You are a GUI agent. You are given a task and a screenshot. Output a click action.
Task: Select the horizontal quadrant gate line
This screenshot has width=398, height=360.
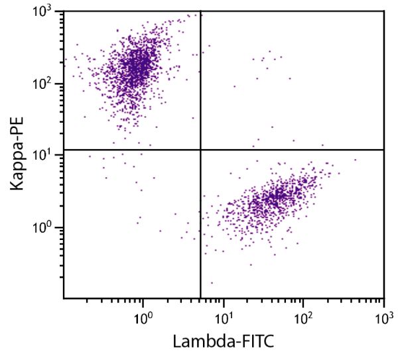[x=292, y=150]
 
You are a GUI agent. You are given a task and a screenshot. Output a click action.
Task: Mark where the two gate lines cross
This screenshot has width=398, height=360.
[x=200, y=150]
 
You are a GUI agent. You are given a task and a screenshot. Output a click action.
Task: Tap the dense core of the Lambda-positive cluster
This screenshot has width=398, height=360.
[x=275, y=197]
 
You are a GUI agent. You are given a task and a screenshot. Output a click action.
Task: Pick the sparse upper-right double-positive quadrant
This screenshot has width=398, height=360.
[x=292, y=80]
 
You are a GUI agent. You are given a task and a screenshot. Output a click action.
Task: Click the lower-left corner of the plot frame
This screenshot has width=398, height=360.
[x=64, y=298]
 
